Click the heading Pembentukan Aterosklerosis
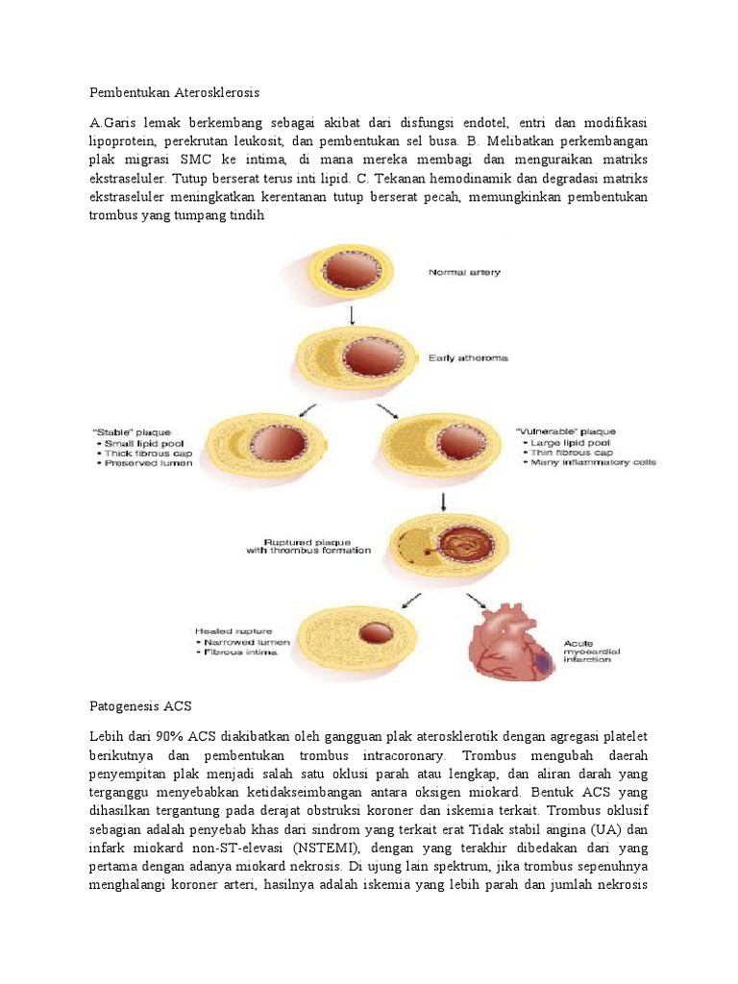(x=174, y=93)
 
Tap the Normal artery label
(x=463, y=273)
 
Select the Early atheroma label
(x=468, y=359)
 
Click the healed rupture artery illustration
(x=355, y=635)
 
